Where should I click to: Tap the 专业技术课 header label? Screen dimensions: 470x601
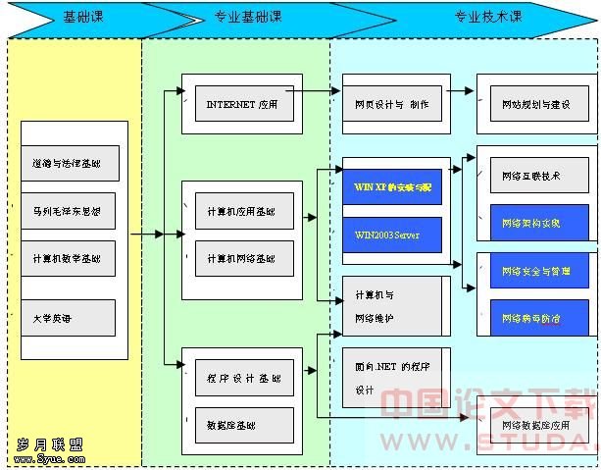pyautogui.click(x=487, y=18)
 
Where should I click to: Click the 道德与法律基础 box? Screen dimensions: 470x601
pyautogui.click(x=73, y=163)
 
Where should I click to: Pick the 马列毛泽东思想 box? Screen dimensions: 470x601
pyautogui.click(x=73, y=210)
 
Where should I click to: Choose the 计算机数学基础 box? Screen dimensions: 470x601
pyautogui.click(x=73, y=258)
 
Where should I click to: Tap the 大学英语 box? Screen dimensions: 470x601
pyautogui.click(x=73, y=318)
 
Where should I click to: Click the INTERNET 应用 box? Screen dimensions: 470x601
pyautogui.click(x=242, y=103)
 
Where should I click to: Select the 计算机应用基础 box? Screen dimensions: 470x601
pyautogui.click(x=242, y=211)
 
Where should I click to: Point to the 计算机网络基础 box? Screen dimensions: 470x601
pyautogui.click(x=242, y=258)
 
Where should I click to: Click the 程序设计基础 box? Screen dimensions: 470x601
pyautogui.click(x=242, y=378)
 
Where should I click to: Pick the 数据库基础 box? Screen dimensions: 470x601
pyautogui.click(x=242, y=425)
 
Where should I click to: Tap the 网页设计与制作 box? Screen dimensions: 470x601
pyautogui.click(x=391, y=103)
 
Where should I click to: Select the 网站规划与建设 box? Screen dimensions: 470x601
pyautogui.click(x=535, y=103)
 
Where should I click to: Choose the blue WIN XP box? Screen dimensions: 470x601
pyautogui.click(x=391, y=186)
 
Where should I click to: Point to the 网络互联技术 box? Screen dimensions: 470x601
pyautogui.click(x=535, y=177)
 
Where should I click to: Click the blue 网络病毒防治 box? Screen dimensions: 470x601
pyautogui.click(x=535, y=318)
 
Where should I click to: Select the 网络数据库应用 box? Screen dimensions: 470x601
pyautogui.click(x=535, y=426)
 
